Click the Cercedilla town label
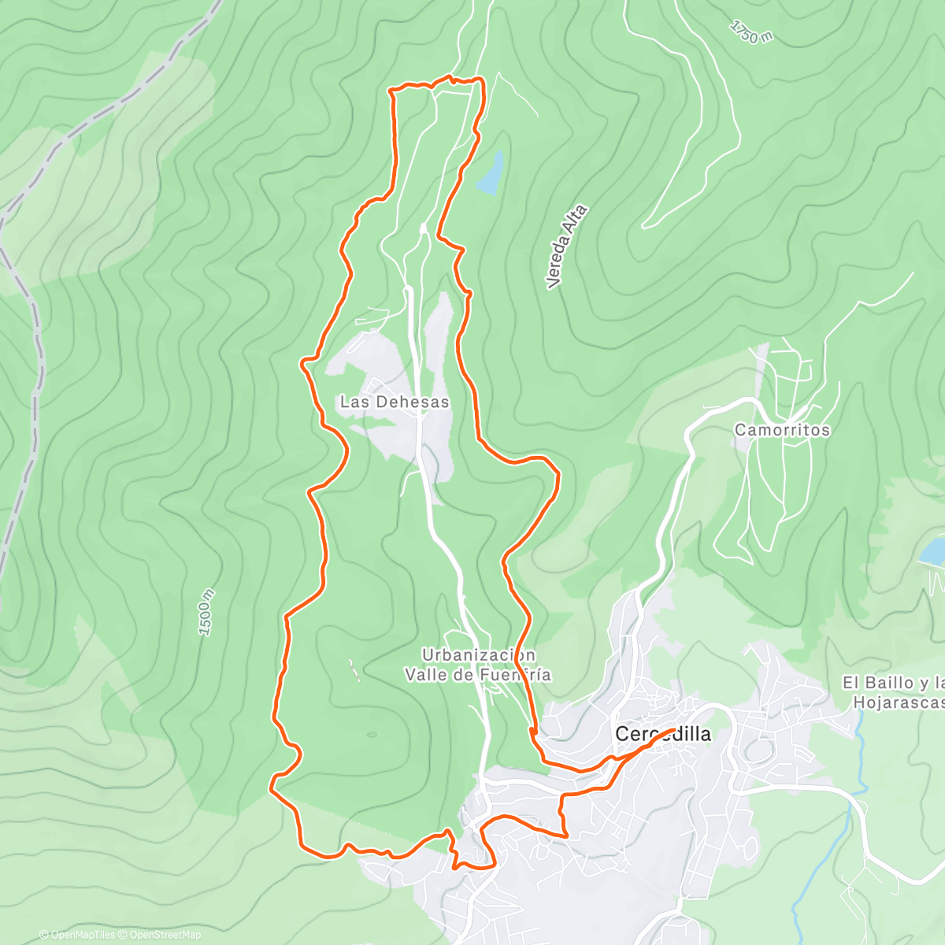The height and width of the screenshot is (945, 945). click(x=662, y=734)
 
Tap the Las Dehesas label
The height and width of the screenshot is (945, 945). click(x=395, y=402)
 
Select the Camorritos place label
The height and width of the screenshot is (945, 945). click(x=782, y=430)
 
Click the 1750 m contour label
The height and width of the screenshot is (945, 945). click(x=750, y=31)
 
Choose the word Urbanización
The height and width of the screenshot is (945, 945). click(x=479, y=655)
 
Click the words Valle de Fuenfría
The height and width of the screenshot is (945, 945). click(x=478, y=675)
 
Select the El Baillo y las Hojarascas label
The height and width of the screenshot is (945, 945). click(x=894, y=692)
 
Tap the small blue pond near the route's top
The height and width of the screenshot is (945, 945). click(x=490, y=174)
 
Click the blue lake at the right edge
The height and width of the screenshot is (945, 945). click(x=932, y=550)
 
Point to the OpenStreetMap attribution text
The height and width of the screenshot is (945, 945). click(x=165, y=935)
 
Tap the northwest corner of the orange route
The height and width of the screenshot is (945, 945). click(x=391, y=91)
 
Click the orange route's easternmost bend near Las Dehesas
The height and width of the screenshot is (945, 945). click(x=558, y=474)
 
